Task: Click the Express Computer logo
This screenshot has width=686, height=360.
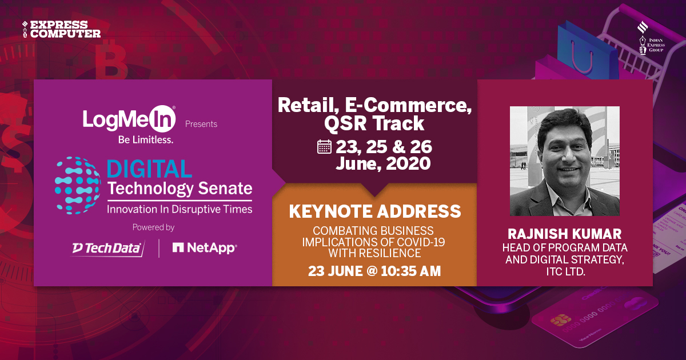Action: point(61,29)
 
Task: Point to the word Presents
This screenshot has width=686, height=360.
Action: point(201,123)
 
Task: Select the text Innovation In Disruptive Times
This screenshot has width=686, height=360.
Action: point(179,210)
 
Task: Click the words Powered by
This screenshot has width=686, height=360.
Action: point(153,227)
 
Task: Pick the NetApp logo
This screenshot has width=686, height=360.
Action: point(204,247)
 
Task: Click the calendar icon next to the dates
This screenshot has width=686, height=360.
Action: point(324,147)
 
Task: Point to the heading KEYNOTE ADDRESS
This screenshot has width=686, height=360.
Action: point(374,211)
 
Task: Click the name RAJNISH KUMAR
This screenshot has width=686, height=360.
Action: point(565,234)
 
